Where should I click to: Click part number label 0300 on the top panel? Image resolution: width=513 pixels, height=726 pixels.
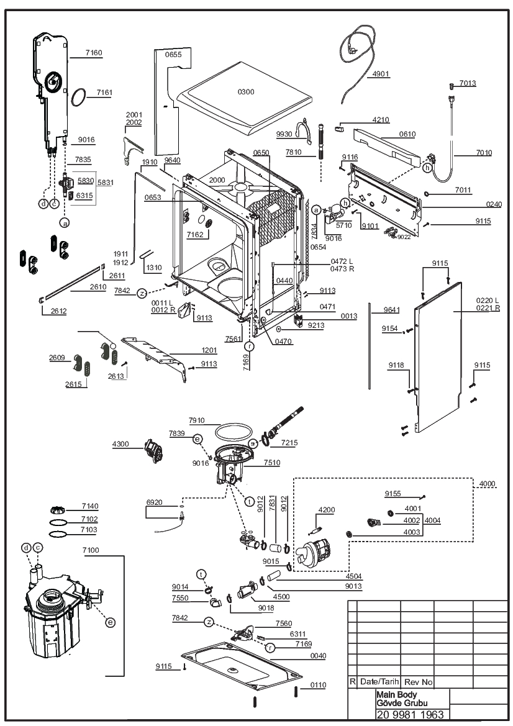246,92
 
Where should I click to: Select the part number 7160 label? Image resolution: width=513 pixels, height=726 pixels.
94,53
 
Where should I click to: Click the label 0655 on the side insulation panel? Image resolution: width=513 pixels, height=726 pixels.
173,55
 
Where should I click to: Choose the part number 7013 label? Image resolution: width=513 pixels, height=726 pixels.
468,83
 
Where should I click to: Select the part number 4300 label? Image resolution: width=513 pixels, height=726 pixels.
120,444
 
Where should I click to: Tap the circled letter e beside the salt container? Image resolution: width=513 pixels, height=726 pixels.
110,622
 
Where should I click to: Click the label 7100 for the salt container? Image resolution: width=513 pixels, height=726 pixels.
91,550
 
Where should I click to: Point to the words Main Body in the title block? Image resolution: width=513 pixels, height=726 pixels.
397,694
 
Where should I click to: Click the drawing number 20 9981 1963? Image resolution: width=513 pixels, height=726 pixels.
411,714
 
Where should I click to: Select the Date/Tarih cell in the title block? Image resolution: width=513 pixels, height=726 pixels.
379,681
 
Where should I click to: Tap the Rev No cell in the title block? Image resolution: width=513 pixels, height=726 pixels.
418,682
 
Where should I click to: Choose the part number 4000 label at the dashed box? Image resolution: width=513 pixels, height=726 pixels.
487,484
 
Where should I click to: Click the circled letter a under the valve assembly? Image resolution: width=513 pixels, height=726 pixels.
65,223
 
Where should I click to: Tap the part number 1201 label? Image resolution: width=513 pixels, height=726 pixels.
209,350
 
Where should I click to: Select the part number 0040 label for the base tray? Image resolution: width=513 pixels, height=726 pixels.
318,656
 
